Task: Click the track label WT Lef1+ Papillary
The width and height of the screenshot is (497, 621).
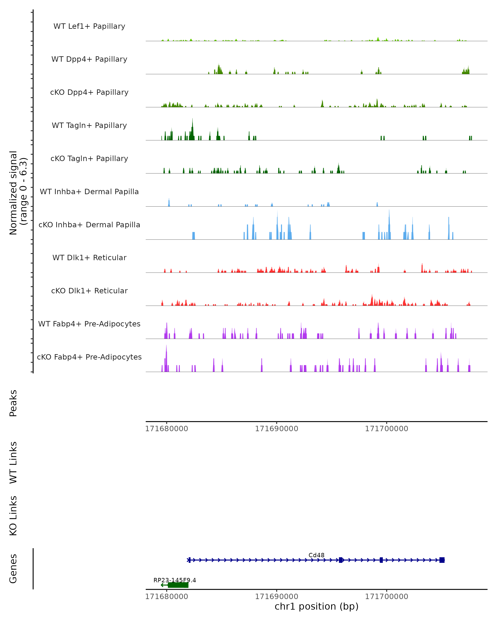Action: point(89,26)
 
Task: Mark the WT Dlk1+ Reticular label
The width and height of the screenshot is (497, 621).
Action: point(89,258)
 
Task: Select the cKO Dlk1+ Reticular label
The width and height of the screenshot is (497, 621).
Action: point(89,291)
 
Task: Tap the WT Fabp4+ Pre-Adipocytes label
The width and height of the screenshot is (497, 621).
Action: point(89,324)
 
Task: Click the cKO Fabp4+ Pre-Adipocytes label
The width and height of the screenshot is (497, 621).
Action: point(89,357)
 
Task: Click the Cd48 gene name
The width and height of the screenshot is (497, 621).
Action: point(316,555)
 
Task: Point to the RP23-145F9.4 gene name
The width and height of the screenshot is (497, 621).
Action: point(175,580)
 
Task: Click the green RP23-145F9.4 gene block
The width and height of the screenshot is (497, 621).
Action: point(178,585)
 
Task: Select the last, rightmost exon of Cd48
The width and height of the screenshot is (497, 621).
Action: point(442,560)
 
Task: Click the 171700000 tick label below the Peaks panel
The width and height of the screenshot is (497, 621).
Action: point(387,429)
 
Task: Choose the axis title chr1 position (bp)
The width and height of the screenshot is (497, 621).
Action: point(316,606)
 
